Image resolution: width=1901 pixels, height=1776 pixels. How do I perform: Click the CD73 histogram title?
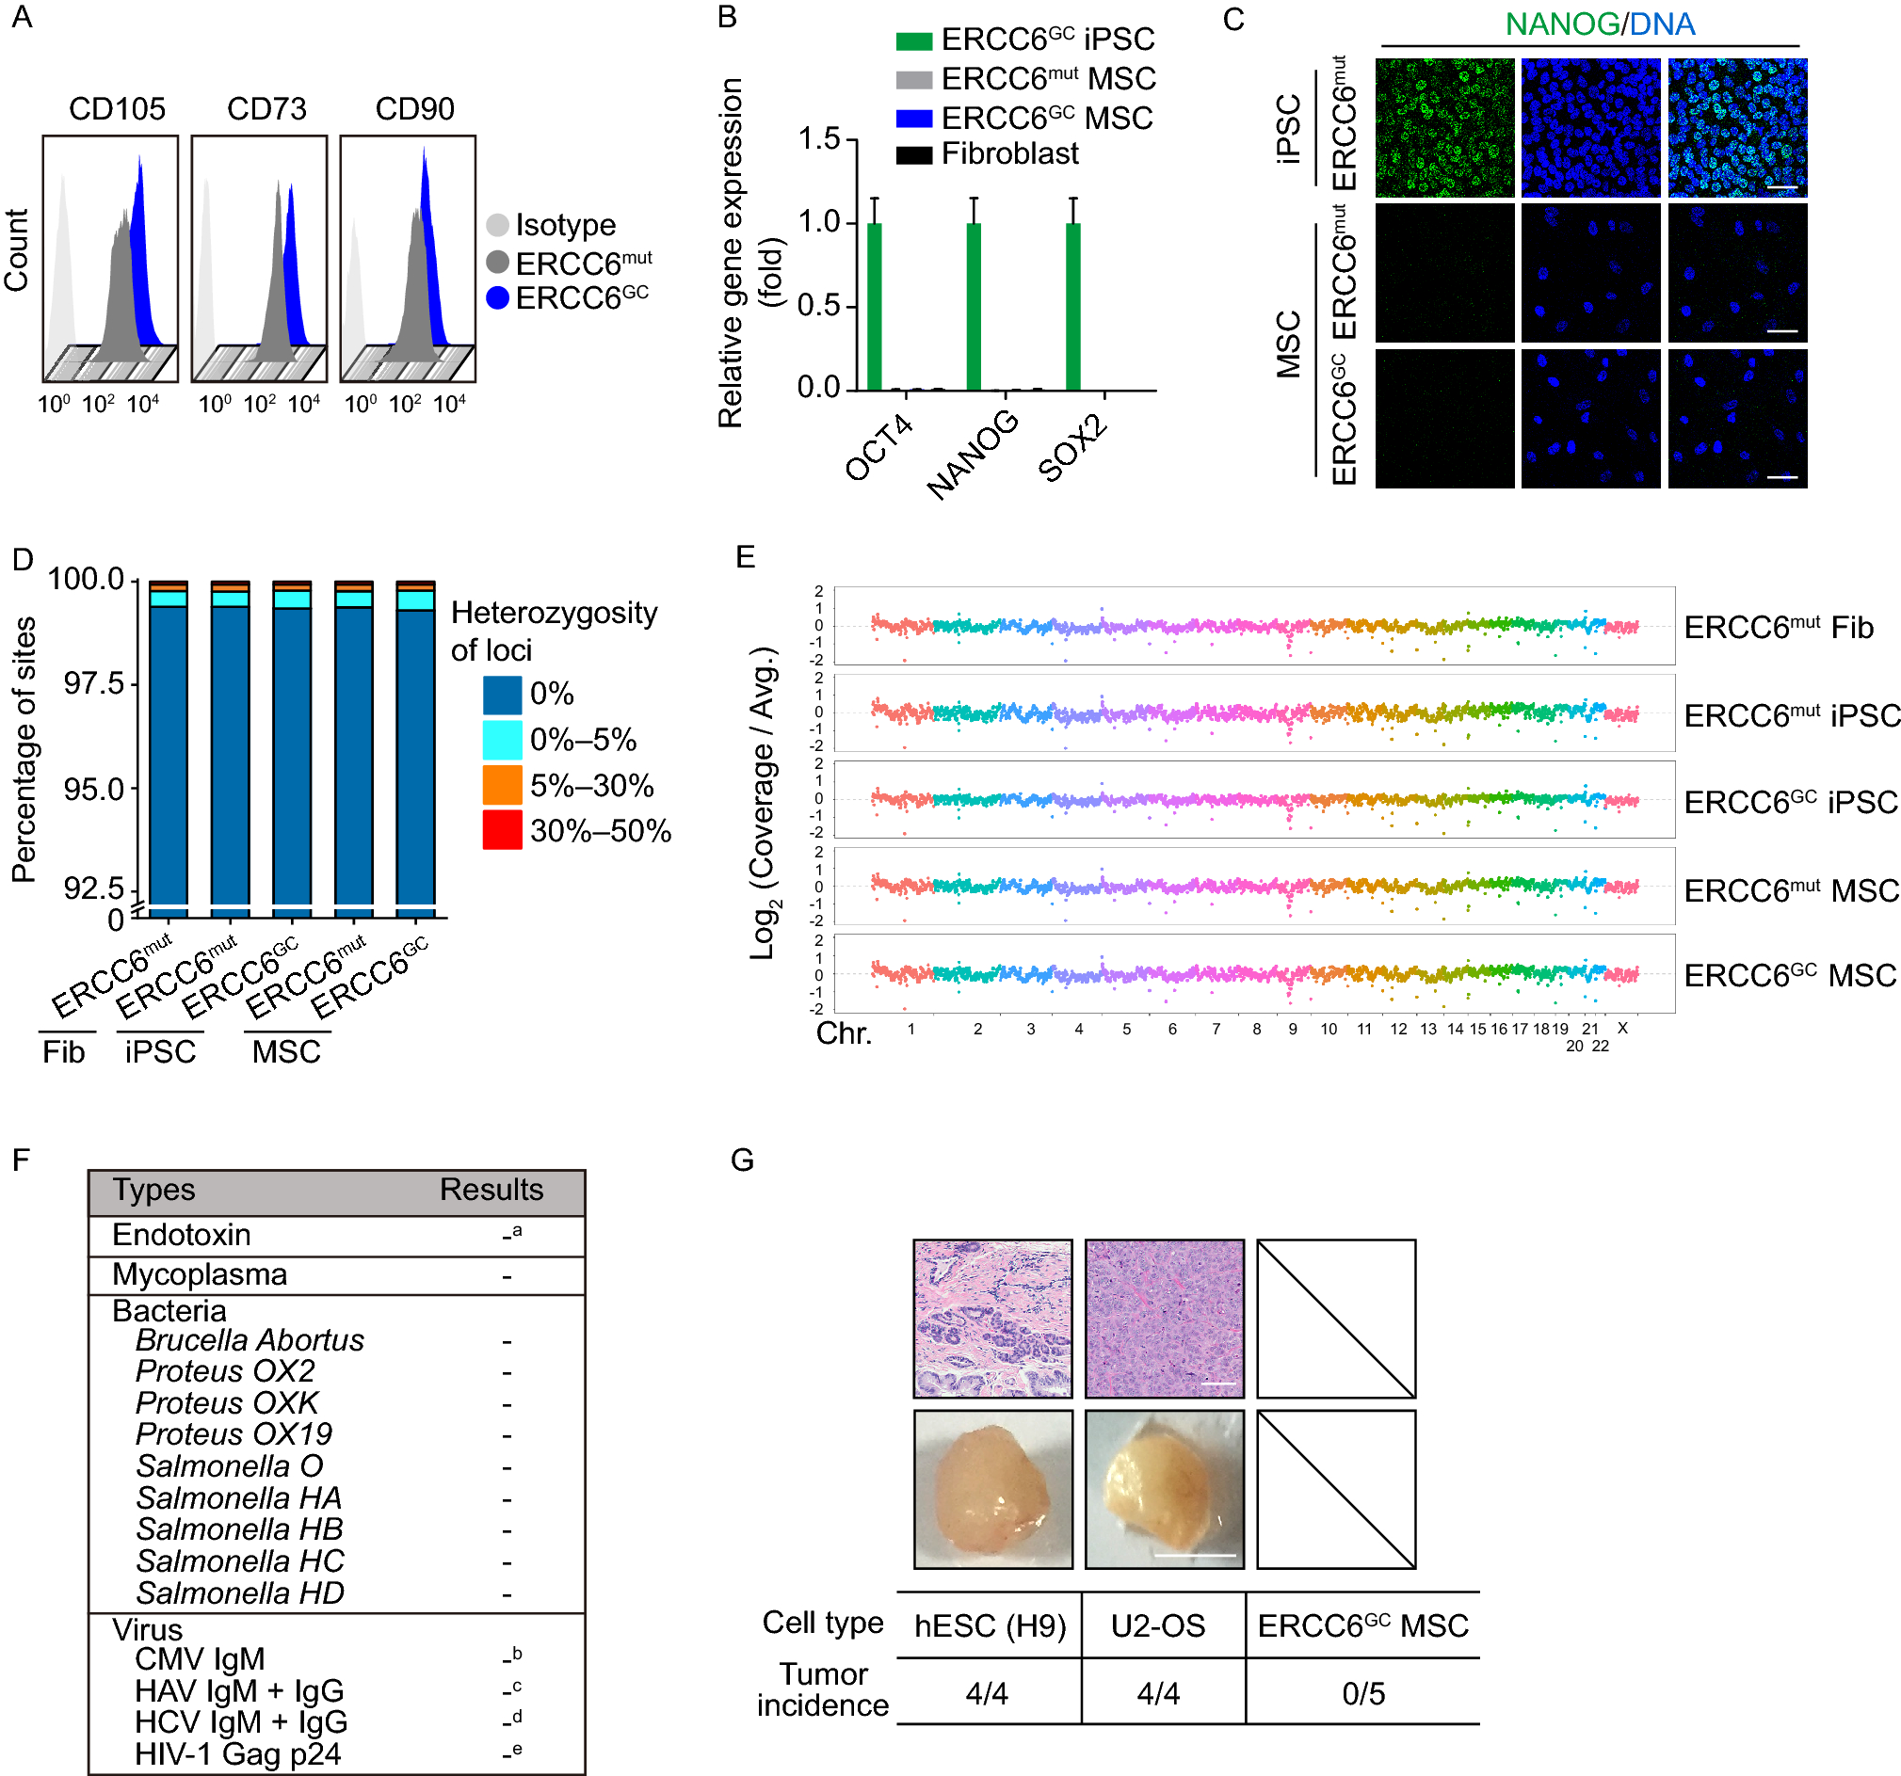click(x=266, y=109)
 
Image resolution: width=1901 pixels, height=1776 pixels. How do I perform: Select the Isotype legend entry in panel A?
click(x=564, y=226)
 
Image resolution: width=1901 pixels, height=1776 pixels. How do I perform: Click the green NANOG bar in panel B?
click(x=974, y=306)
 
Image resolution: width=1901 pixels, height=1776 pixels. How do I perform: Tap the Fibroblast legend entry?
click(x=1008, y=154)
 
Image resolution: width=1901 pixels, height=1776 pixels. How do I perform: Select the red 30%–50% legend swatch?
click(x=502, y=830)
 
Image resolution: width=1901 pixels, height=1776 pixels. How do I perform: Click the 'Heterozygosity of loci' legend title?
click(x=554, y=631)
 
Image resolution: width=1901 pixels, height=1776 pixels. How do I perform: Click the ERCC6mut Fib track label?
click(x=1778, y=628)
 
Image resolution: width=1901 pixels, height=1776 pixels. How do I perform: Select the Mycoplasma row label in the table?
click(x=199, y=1275)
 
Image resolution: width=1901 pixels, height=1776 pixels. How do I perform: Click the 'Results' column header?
click(x=491, y=1190)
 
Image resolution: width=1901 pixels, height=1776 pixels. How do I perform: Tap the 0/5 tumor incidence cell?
click(x=1362, y=1695)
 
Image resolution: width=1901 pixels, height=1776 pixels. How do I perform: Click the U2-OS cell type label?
click(x=1158, y=1627)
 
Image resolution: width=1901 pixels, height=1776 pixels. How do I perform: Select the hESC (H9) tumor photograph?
click(x=992, y=1489)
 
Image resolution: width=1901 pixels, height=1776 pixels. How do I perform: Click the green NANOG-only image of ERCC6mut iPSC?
click(x=1444, y=128)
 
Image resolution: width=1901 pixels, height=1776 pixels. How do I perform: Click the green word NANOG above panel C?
click(x=1561, y=24)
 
